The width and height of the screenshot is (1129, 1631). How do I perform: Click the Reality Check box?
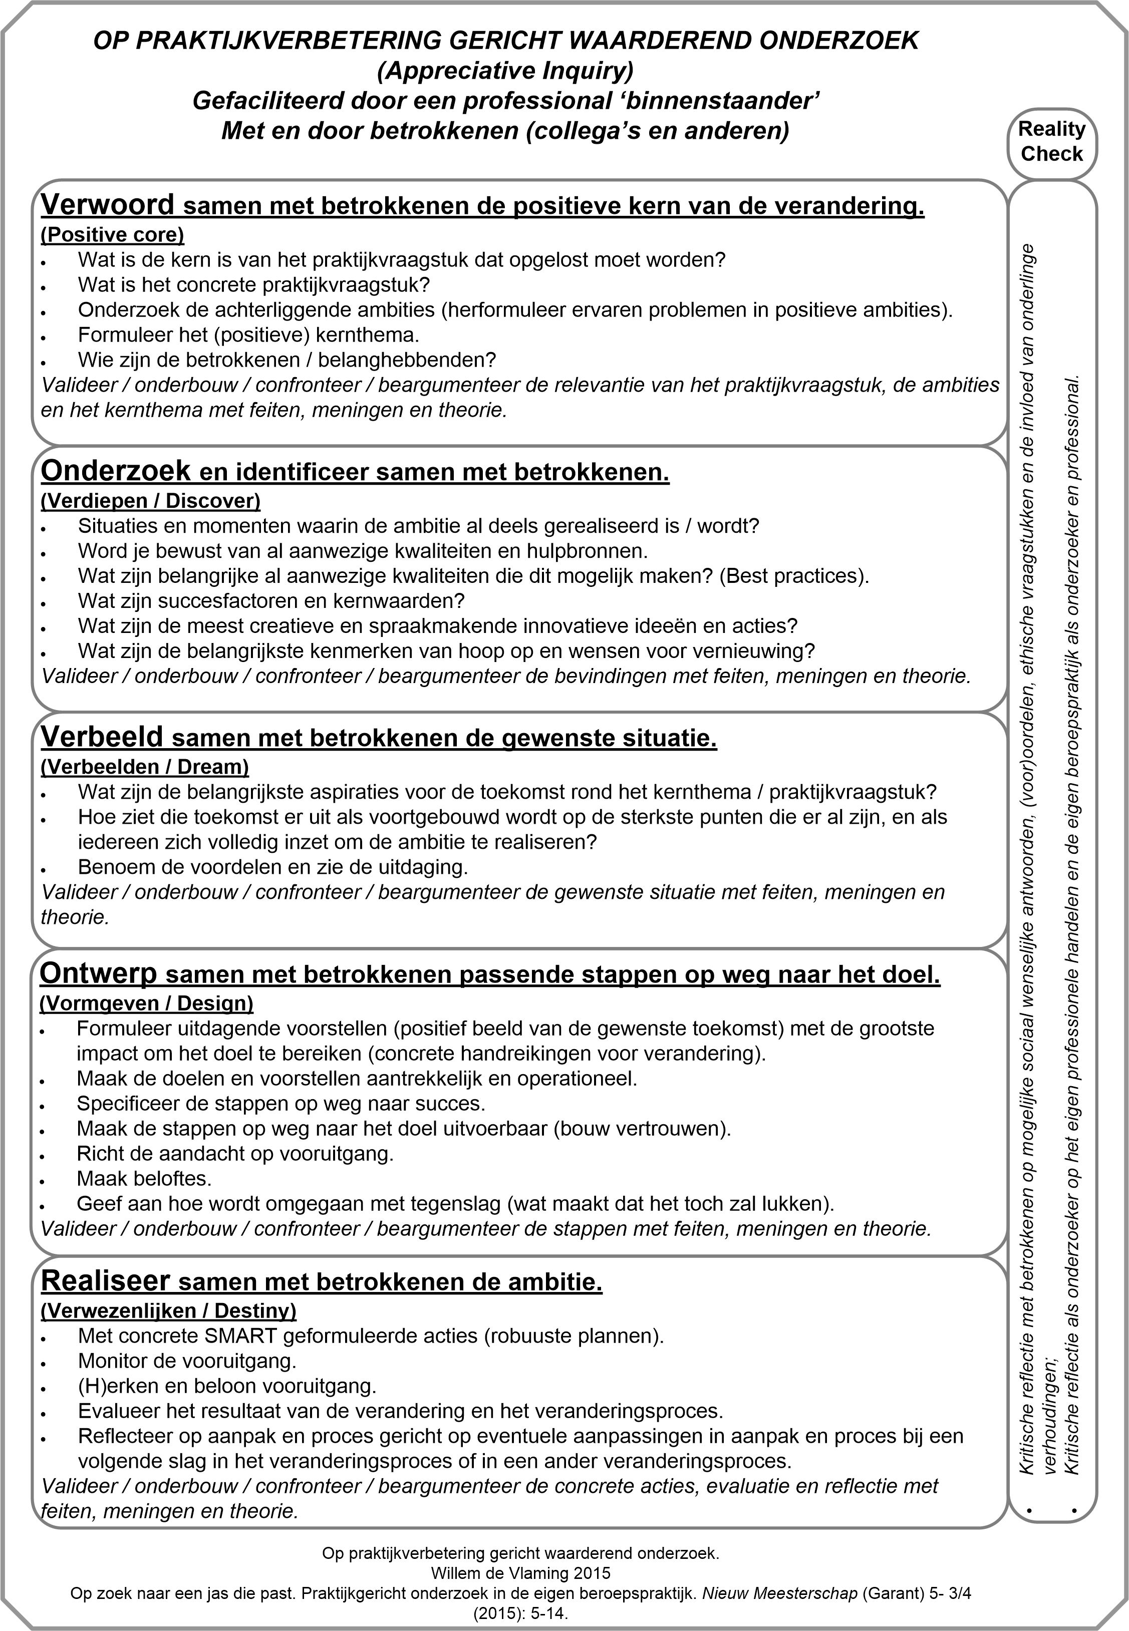coord(1051,141)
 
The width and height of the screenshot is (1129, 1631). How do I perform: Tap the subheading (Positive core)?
coord(113,234)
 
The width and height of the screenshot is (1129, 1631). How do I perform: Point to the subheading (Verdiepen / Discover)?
coord(151,501)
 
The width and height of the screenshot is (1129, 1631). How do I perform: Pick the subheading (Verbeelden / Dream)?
coord(145,767)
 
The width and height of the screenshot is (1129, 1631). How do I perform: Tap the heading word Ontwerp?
coord(98,974)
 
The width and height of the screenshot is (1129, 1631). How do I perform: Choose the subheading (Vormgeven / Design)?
coord(146,1003)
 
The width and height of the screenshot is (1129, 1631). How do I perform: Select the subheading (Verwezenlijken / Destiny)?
coord(168,1311)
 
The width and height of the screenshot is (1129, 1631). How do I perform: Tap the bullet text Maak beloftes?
coord(144,1179)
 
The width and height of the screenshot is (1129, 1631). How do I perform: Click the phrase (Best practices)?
coord(794,576)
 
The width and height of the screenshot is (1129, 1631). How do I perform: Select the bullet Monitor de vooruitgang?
coord(187,1361)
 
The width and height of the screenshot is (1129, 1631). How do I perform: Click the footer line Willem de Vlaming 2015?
coord(520,1573)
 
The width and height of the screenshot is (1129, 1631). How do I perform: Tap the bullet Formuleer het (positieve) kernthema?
coord(248,335)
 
